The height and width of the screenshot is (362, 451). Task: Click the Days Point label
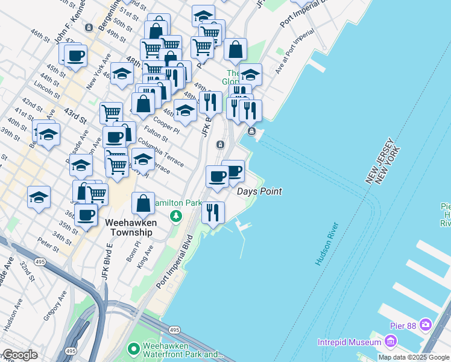259,191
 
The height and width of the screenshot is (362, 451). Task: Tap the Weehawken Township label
131,227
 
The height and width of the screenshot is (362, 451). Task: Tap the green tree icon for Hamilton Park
175,215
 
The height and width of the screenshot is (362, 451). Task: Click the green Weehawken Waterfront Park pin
134,349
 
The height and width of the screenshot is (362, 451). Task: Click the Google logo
19,355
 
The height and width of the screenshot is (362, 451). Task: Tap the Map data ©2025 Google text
414,357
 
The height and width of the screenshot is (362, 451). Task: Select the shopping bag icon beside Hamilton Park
143,203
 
